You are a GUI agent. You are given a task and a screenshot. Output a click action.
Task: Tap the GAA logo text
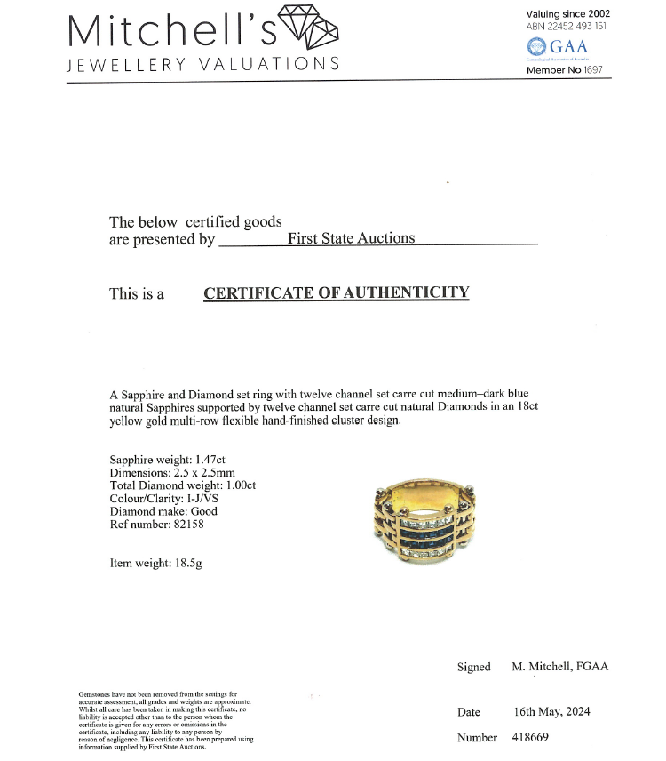[x=568, y=46]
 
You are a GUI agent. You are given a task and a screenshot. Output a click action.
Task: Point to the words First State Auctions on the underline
[x=351, y=238]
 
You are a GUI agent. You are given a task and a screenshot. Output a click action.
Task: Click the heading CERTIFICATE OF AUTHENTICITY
[x=336, y=292]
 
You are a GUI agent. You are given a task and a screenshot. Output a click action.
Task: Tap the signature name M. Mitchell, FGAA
[x=559, y=667]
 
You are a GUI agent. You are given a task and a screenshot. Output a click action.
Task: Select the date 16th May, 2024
[x=551, y=712]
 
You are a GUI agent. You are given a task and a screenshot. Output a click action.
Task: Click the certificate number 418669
[x=530, y=738]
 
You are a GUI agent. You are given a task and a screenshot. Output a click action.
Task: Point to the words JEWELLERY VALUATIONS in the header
[x=203, y=64]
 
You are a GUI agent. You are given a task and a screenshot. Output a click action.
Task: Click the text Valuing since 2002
[x=567, y=13]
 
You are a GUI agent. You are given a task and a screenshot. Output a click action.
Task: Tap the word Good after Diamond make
[x=202, y=511]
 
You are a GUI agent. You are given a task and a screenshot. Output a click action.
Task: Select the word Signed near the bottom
[x=474, y=668]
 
